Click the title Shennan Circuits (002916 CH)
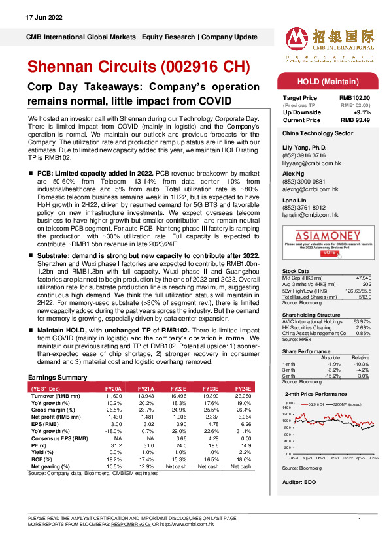(x=138, y=67)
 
